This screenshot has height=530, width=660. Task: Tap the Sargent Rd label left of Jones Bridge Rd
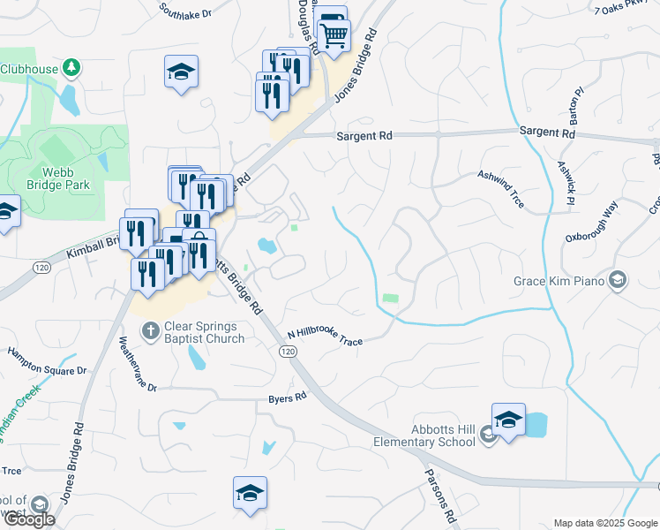364,136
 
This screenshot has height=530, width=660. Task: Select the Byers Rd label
288,397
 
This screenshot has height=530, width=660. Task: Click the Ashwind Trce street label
501,189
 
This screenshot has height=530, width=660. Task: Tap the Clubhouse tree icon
73,68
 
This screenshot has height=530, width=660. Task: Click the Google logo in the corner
28,519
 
